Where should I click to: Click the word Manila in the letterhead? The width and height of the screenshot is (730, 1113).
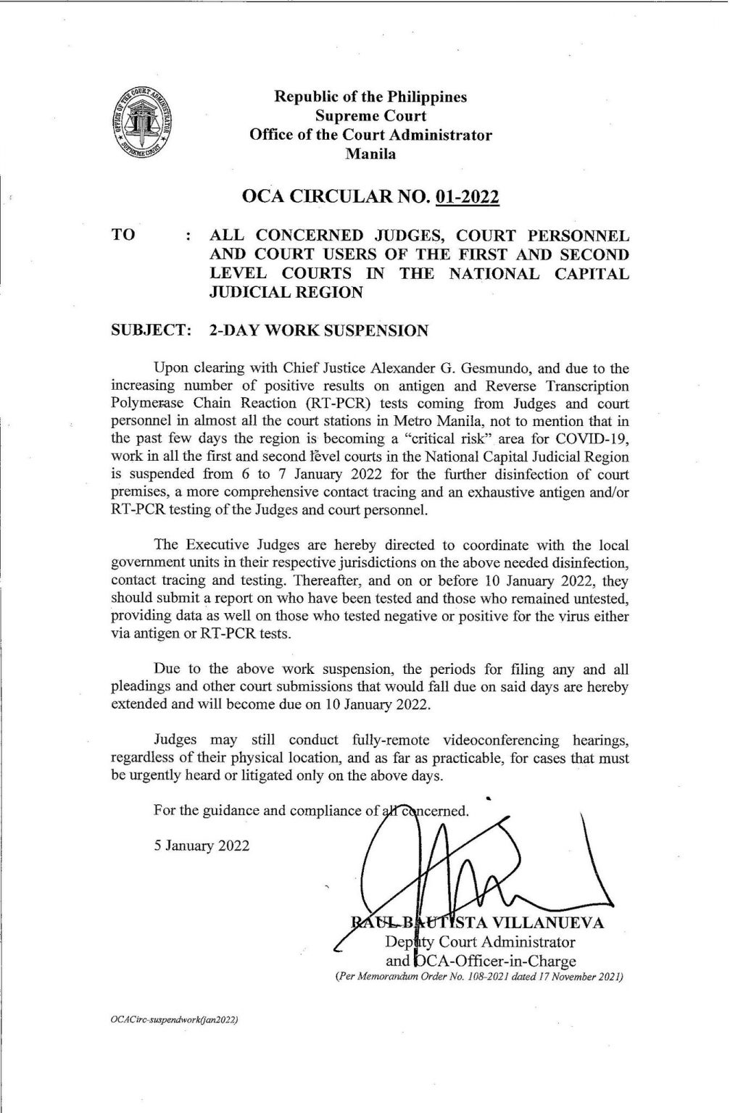tap(370, 154)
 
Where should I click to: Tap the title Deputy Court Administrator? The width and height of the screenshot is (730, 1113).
tap(480, 942)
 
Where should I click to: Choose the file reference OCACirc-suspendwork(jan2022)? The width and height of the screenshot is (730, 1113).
tap(173, 1019)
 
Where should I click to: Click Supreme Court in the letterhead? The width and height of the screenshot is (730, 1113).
tap(370, 115)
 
